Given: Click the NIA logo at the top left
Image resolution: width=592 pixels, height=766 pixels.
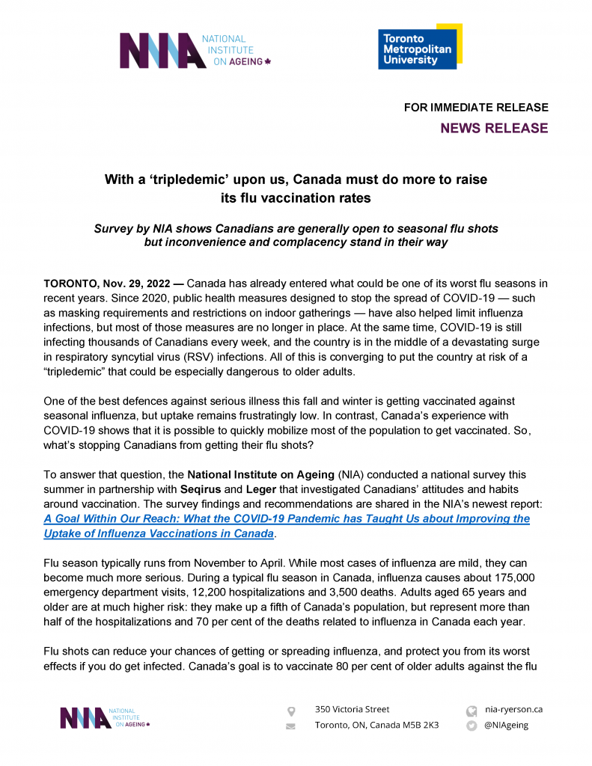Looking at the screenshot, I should click(x=195, y=50).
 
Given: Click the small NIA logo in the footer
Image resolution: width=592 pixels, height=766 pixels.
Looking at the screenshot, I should click(x=105, y=717).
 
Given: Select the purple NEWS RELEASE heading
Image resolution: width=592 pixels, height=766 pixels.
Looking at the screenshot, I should click(x=494, y=129).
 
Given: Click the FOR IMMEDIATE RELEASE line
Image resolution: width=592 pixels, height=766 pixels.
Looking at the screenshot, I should click(x=476, y=108).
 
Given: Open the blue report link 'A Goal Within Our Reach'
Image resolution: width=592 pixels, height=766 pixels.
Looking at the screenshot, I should click(x=287, y=519).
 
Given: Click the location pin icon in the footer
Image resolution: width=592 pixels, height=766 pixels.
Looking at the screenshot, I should click(x=291, y=710).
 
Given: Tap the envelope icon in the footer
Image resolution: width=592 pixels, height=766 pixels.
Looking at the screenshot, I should click(x=291, y=726).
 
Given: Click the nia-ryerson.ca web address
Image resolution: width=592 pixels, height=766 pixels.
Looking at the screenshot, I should click(x=513, y=709).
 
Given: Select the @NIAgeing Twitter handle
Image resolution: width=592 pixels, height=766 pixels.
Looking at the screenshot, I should click(x=507, y=725).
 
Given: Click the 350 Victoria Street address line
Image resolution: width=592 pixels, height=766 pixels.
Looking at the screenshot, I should click(x=352, y=709).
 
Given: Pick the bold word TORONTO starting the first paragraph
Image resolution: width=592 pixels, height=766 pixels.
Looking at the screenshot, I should click(x=72, y=284).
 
